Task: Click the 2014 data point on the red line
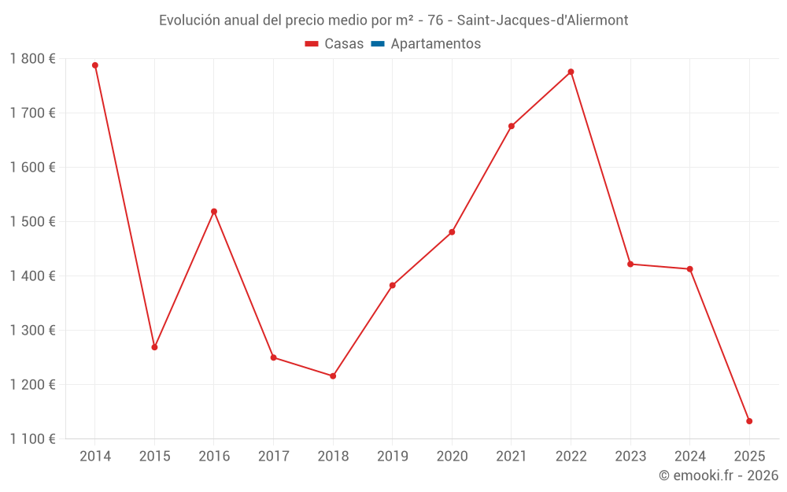coord(95,65)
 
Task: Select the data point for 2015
coord(154,347)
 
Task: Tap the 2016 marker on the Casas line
coord(214,212)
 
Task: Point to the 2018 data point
coord(333,376)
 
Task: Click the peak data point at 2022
coord(571,72)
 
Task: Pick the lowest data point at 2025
coord(749,421)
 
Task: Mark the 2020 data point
coord(452,232)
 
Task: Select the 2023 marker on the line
coord(630,264)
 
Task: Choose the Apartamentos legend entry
coord(434,44)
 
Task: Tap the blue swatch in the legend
coord(377,44)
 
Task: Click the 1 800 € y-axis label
coord(32,58)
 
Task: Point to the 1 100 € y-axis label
coord(32,438)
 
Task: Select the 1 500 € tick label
coord(32,221)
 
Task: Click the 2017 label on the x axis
coord(273,456)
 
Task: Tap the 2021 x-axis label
coord(512,456)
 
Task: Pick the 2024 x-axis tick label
coord(689,456)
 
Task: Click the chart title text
coord(393,20)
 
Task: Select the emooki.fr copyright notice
coord(718,475)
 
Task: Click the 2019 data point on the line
coord(393,286)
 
